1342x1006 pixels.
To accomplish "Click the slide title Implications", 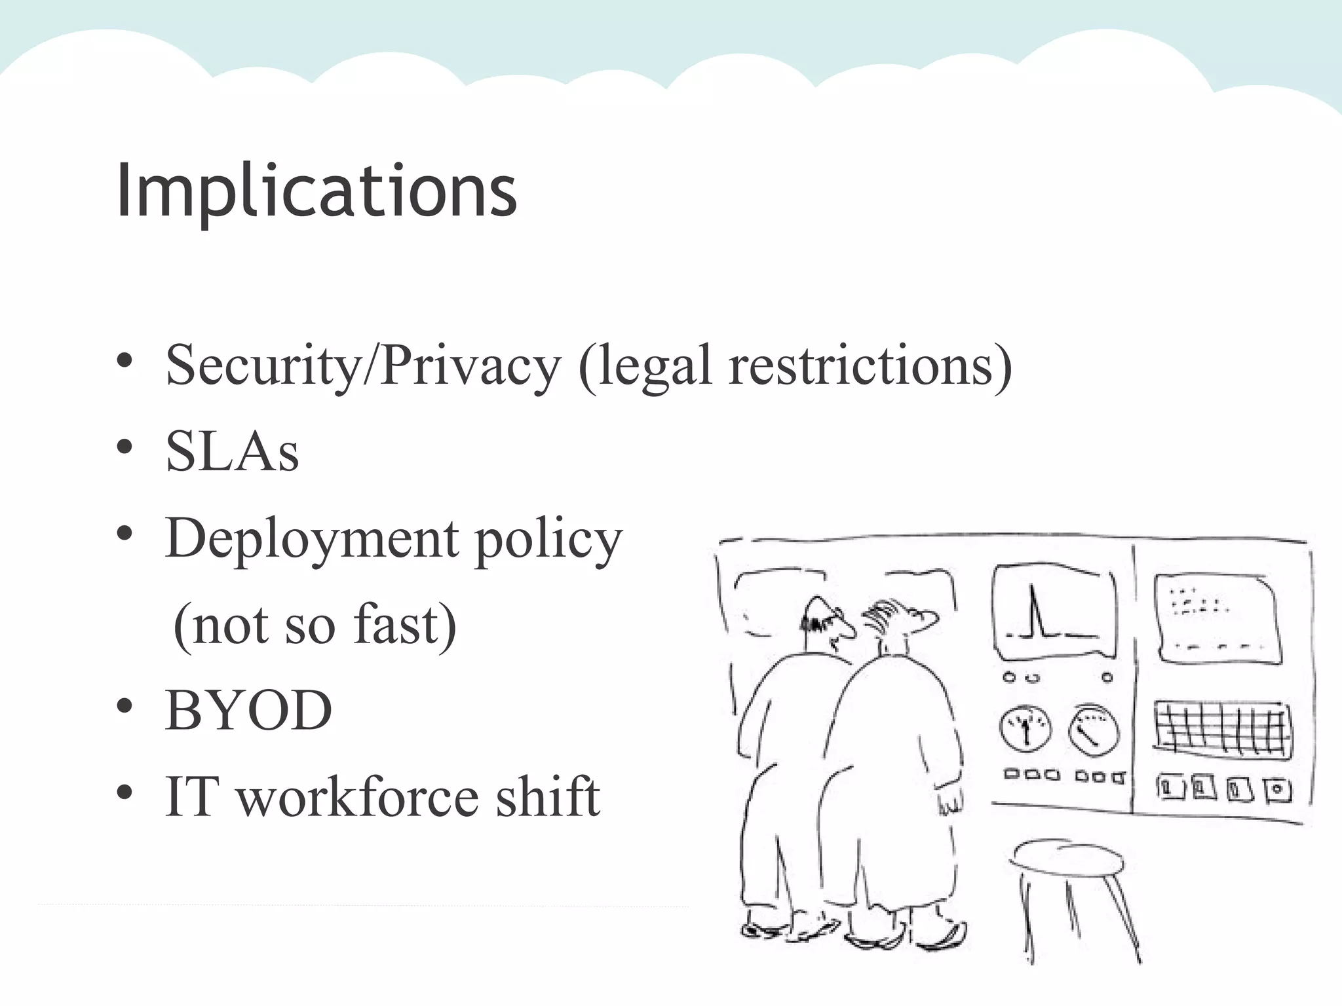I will [x=316, y=191].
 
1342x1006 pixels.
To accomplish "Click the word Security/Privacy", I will [x=363, y=365].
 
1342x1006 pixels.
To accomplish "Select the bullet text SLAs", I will [x=232, y=452].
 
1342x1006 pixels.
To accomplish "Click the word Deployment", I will [x=312, y=540].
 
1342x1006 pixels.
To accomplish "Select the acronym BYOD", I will [x=248, y=711].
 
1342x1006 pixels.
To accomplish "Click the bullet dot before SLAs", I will [x=125, y=447].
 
